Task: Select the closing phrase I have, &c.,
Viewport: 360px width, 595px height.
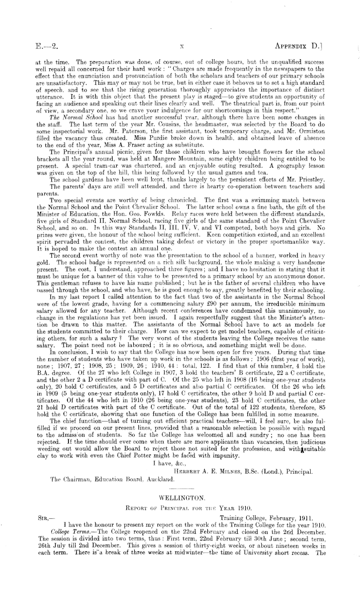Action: click(171, 462)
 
